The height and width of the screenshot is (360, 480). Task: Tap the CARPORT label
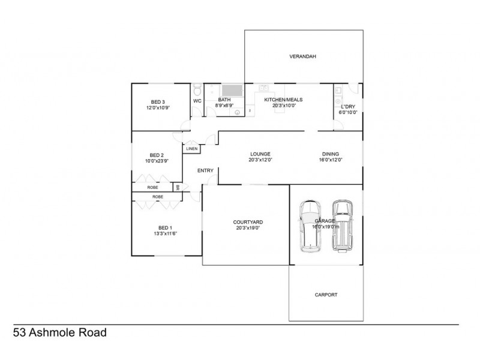pos(326,295)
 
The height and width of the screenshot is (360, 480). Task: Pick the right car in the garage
pos(343,225)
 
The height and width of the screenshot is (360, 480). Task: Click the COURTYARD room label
pos(248,222)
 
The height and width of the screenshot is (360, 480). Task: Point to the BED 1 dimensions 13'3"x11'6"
pos(165,233)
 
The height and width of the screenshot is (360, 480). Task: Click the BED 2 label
pos(157,154)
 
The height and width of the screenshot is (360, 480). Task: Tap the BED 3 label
pos(158,102)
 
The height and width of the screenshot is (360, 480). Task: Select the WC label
pos(197,101)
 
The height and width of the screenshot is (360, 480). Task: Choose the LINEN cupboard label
pos(192,148)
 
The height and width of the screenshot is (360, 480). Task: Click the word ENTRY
pos(206,171)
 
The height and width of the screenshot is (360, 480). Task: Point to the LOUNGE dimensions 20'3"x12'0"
pos(260,160)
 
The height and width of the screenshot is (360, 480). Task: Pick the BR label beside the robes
pos(178,187)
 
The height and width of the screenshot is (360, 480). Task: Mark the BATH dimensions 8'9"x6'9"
pos(225,106)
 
